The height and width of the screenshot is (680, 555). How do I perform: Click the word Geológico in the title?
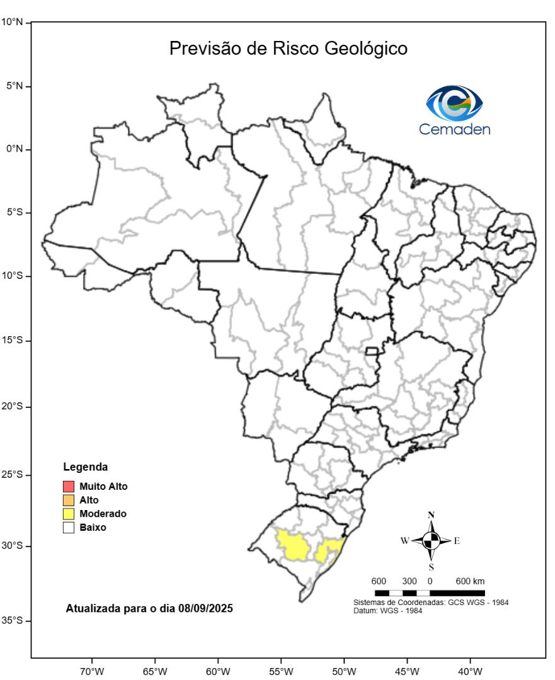[x=366, y=49]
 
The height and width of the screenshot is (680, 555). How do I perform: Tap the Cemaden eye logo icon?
[x=454, y=104]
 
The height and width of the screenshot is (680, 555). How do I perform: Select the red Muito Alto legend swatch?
[x=69, y=487]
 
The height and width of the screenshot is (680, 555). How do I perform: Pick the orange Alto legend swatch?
[x=69, y=500]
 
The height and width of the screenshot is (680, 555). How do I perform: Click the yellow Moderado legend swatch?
[x=69, y=514]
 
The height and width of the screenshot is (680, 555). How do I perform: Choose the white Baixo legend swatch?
[x=69, y=528]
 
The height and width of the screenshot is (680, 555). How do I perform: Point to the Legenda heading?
[x=86, y=467]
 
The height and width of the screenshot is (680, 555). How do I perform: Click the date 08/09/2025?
[x=205, y=609]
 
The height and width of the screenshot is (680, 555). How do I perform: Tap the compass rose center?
[x=432, y=540]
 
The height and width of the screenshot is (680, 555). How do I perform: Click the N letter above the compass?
[x=432, y=515]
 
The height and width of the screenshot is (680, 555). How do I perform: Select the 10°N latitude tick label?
[x=12, y=22]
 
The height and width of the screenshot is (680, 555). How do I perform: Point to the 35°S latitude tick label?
[x=12, y=621]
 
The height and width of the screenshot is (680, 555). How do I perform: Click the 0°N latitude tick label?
[x=13, y=149]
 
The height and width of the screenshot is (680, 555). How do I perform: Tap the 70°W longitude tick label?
[x=91, y=669]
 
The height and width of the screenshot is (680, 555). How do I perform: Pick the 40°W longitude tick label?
[x=471, y=669]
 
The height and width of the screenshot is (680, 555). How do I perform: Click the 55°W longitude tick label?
[x=281, y=669]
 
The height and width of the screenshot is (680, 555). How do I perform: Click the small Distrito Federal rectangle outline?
[x=372, y=351]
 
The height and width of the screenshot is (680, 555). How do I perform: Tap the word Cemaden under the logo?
[x=454, y=129]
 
